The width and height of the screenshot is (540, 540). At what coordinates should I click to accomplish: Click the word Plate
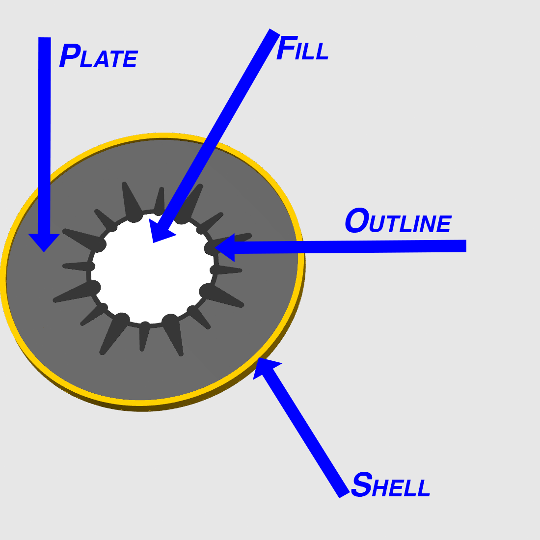pos(99,56)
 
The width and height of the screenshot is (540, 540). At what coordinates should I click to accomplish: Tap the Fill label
pos(302,48)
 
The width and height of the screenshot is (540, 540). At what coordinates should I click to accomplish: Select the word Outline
pos(398,221)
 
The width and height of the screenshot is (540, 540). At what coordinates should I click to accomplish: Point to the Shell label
pos(391,484)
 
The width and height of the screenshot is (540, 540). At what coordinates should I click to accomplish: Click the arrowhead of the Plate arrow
pos(44,243)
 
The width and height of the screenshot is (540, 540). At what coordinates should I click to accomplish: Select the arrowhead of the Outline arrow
pos(225,247)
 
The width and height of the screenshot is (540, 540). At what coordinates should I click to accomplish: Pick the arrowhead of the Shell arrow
pos(265,367)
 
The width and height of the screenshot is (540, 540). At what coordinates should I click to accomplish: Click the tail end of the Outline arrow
pos(466,246)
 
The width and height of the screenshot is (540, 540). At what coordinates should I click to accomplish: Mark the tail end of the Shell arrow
pos(345,495)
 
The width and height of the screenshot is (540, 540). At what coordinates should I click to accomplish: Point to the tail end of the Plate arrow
pos(44,37)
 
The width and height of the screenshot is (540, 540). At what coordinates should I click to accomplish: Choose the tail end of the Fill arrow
pos(274,32)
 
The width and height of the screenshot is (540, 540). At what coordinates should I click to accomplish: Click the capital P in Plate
pos(70,56)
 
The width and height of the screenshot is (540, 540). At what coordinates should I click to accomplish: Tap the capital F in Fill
pos(287,48)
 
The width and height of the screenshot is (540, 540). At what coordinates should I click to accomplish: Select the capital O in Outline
pos(357,220)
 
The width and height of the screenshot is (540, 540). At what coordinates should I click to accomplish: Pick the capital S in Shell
pos(362,484)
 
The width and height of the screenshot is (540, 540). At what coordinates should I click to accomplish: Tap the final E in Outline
pos(444,224)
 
